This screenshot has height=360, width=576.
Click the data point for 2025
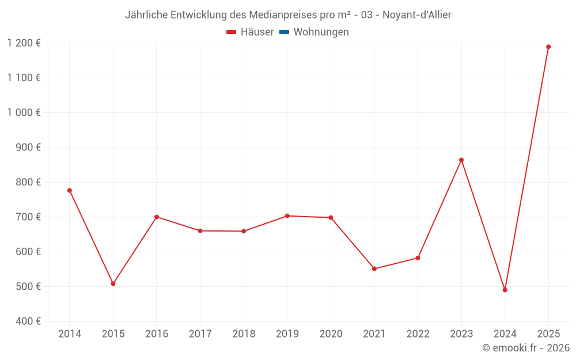tap(548, 47)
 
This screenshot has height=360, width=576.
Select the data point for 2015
tap(113, 283)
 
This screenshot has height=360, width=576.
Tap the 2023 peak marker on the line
tap(461, 160)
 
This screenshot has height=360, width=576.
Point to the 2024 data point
tap(505, 290)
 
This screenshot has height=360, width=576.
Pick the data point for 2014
tap(69, 190)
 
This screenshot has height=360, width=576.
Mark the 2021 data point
tap(374, 268)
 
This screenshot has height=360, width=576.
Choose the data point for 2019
tap(287, 216)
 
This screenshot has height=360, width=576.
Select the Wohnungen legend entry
tap(321, 32)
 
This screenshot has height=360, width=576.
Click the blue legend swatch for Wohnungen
tap(283, 32)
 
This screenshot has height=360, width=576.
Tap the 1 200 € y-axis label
tap(24, 43)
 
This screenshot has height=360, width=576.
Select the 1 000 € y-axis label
tap(24, 112)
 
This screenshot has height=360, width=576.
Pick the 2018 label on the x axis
tap(243, 334)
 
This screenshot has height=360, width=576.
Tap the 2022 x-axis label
tap(418, 334)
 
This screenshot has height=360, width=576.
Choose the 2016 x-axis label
tap(156, 334)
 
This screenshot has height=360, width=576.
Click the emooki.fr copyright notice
tap(526, 348)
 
